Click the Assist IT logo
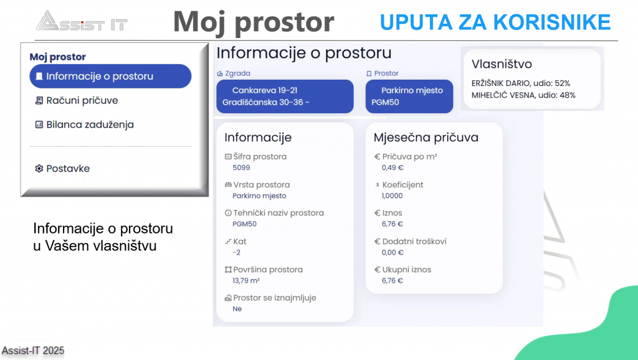coord(82,21)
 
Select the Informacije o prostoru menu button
coord(110,76)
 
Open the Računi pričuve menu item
coord(77,100)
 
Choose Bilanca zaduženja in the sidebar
coord(84,125)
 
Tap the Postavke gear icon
coord(39,168)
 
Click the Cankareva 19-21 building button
coord(285,97)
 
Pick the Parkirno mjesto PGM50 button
coord(409,97)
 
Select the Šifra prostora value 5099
coord(241,168)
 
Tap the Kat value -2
coord(236,253)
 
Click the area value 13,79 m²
coord(246,281)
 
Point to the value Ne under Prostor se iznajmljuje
coord(237,309)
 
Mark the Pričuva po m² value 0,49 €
coord(393,168)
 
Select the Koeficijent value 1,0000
coord(393,196)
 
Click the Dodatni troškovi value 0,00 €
coord(393,253)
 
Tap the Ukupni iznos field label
coord(406,270)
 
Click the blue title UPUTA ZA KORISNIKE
coord(495,22)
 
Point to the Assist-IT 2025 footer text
coord(33,351)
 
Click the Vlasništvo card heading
coord(502,64)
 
